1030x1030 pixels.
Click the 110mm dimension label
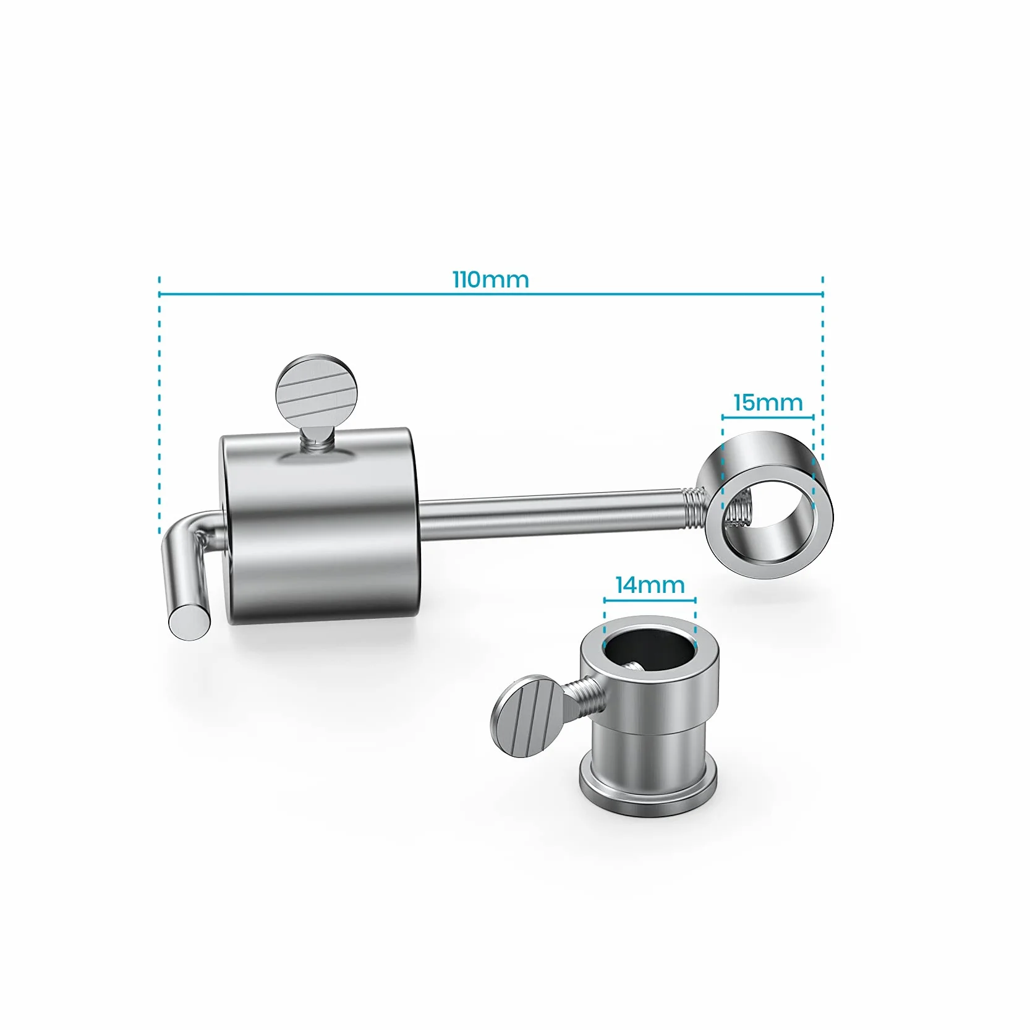click(491, 279)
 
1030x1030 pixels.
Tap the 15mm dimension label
click(768, 402)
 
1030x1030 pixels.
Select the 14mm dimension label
click(650, 585)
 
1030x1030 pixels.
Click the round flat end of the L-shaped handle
click(189, 621)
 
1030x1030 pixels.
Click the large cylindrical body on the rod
click(320, 526)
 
